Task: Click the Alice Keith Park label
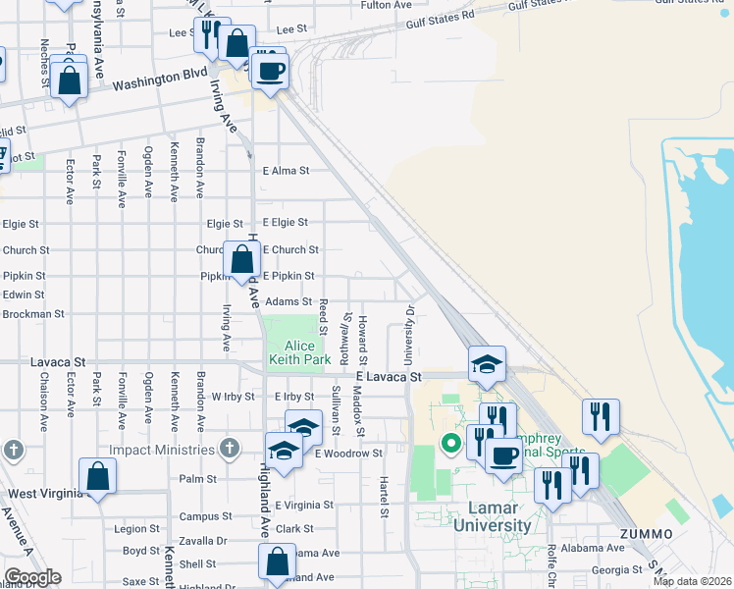coord(299,352)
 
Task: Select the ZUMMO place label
coord(646,534)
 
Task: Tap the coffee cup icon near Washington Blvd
coord(270,71)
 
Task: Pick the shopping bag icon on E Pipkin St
coord(241,261)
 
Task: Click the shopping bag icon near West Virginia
coord(98,478)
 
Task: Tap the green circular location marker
coord(451,444)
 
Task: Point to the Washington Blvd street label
coord(160,78)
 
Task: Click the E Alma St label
coord(286,170)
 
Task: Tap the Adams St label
coord(288,302)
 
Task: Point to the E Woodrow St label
coord(348,454)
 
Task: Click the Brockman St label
coord(32,314)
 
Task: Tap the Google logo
coord(32,577)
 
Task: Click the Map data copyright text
coord(692,581)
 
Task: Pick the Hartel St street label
coord(383,497)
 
